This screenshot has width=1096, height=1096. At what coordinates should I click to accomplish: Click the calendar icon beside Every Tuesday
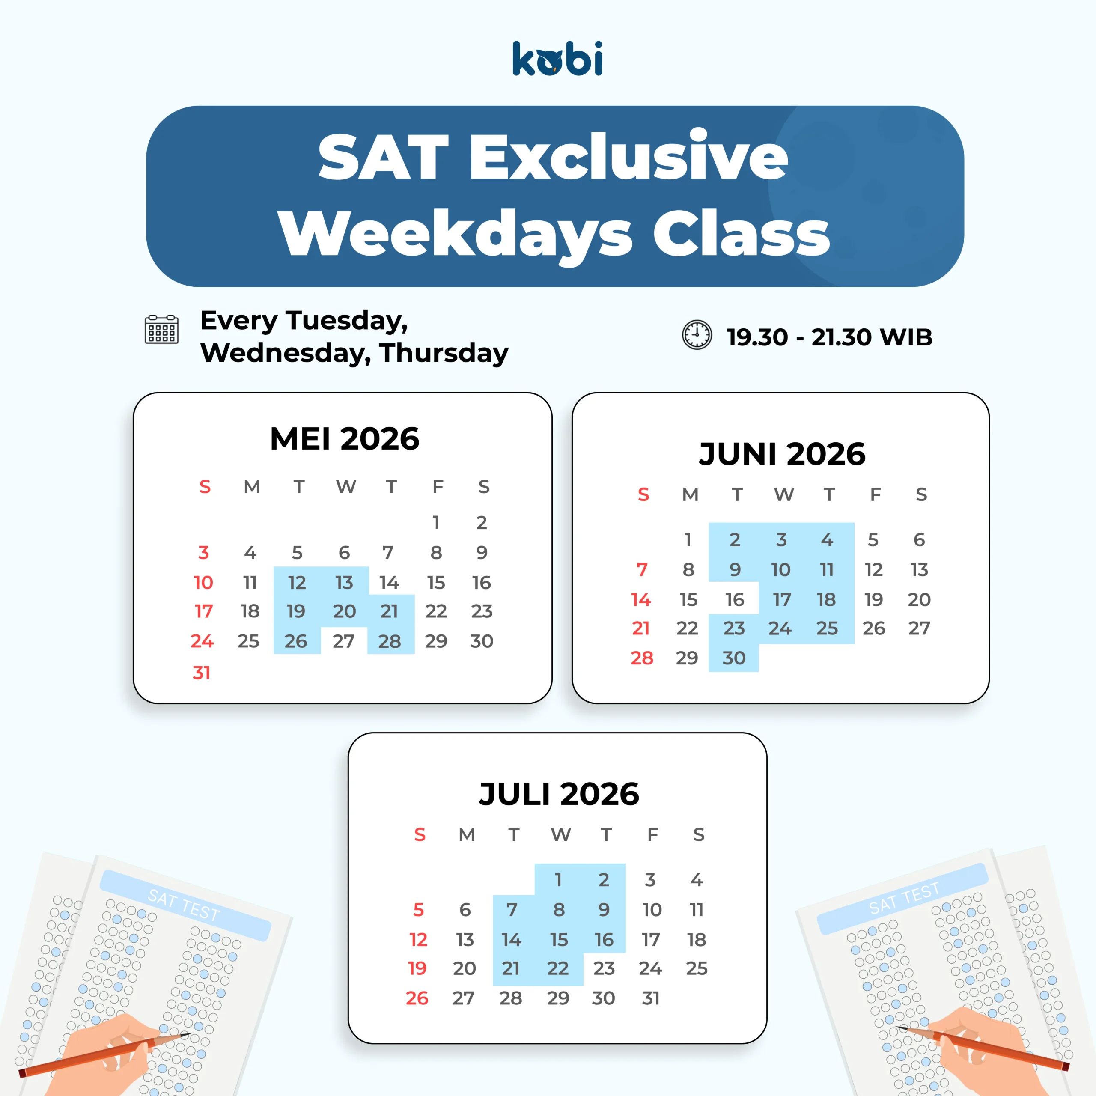click(x=162, y=330)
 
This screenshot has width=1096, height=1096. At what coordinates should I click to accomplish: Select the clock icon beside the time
click(x=697, y=335)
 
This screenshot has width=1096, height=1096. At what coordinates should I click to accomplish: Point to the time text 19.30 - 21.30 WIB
click(x=829, y=337)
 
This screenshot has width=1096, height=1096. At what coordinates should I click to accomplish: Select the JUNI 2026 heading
click(x=782, y=454)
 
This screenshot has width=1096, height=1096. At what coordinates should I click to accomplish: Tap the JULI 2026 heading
click(x=559, y=794)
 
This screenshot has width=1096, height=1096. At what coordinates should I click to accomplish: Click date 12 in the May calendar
click(x=297, y=583)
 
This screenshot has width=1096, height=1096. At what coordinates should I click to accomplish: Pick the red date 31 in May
click(x=201, y=673)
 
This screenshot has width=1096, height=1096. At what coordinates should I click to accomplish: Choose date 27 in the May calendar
click(x=344, y=641)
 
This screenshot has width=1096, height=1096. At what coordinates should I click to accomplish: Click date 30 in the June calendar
click(x=733, y=658)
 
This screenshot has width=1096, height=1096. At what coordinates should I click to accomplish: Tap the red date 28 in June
click(x=642, y=658)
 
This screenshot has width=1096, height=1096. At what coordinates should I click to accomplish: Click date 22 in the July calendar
click(x=558, y=968)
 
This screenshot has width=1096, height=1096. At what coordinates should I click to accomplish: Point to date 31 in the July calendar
click(x=651, y=998)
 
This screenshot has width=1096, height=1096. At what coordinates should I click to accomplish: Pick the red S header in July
click(x=420, y=834)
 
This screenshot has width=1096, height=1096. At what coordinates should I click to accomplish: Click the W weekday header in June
click(x=784, y=494)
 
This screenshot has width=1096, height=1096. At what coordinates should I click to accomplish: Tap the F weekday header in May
click(x=438, y=487)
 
